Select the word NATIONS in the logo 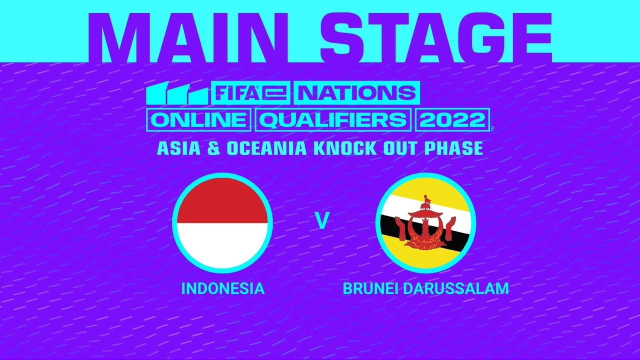click(x=355, y=93)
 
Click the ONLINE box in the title click(x=198, y=120)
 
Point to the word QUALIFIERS click(x=333, y=120)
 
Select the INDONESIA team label click(x=222, y=288)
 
